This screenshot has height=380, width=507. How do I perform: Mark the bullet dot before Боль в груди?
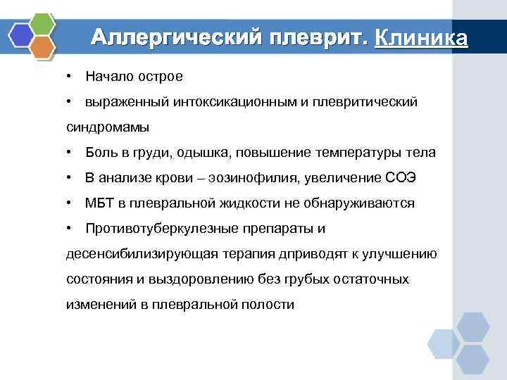70,153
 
